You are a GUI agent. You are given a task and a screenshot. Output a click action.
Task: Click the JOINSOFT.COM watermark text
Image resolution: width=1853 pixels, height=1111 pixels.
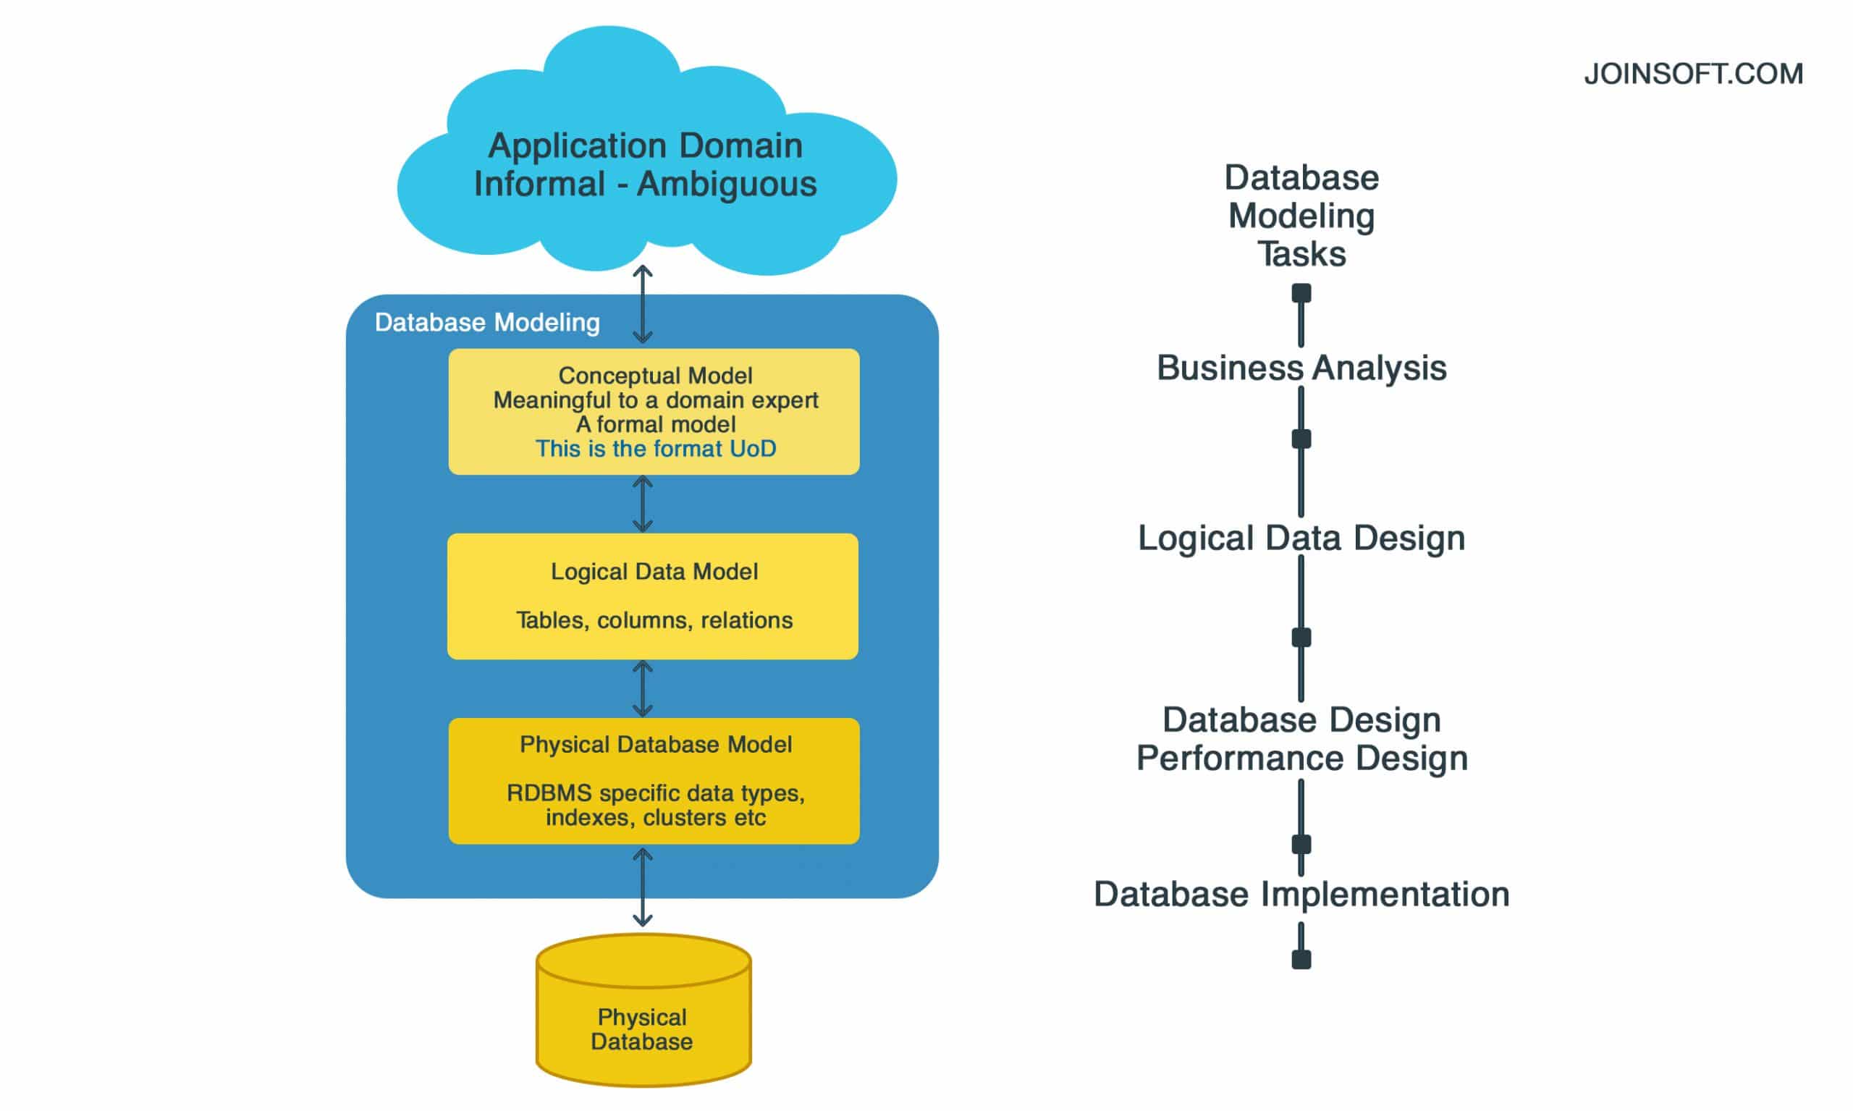pos(1693,74)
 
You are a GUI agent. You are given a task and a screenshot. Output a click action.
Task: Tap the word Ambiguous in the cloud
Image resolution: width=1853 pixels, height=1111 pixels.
pos(726,184)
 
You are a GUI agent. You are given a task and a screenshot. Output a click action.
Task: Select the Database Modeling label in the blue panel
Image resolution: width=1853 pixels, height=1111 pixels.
pos(487,323)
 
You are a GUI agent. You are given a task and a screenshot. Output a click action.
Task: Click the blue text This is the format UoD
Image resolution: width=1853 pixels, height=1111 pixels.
pos(655,449)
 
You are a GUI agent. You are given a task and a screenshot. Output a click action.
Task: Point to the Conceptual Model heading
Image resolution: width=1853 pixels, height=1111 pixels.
pos(655,375)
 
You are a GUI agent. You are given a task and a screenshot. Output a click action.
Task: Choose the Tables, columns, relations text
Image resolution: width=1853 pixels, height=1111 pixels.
pos(654,620)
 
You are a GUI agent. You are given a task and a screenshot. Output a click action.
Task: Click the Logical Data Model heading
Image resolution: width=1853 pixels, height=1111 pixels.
pos(654,571)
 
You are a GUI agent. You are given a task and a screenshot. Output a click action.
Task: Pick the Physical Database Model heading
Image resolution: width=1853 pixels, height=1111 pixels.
pos(655,744)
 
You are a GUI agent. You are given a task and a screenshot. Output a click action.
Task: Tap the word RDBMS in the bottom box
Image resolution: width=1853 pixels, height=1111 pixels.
pos(549,793)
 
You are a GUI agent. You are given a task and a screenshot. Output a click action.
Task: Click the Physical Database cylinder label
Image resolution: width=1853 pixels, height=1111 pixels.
pos(641,1029)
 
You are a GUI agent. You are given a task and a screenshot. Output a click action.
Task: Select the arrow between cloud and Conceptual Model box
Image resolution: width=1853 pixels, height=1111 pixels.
pos(642,305)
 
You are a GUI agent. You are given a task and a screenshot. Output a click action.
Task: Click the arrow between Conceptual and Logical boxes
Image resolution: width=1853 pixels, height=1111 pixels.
pos(642,504)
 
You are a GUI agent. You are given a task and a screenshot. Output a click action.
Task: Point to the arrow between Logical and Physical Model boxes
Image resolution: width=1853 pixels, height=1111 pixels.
pos(642,689)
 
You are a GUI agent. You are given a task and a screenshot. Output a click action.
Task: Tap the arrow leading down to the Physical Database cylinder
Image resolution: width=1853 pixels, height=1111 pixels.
pos(642,887)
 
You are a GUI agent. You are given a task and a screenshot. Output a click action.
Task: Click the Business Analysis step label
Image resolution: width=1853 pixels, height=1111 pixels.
pos(1301,368)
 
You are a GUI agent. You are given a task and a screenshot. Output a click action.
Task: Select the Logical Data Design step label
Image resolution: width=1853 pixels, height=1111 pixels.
pos(1301,538)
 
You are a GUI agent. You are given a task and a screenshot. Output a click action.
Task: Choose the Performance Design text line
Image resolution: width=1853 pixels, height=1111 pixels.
pos(1301,759)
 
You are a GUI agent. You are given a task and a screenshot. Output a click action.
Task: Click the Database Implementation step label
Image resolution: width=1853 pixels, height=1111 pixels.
pos(1301,895)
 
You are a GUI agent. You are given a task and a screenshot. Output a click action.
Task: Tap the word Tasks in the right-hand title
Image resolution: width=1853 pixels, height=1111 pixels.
pos(1301,255)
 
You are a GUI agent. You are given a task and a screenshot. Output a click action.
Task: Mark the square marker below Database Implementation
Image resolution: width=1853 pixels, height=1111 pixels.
pos(1301,959)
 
